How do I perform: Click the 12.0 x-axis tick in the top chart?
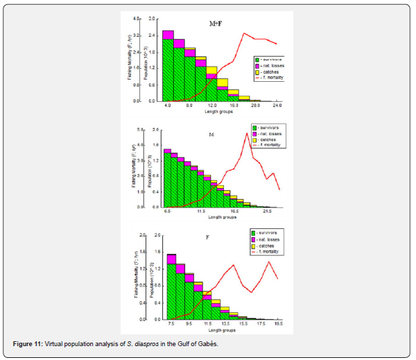click(211, 105)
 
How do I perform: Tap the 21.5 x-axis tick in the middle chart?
click(267, 212)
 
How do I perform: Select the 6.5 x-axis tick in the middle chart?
click(167, 212)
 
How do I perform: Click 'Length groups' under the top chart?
click(221, 111)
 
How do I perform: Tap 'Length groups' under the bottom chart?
click(221, 329)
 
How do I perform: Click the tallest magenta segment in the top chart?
click(168, 35)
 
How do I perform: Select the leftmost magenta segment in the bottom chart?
click(171, 259)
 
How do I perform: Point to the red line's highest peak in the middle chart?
click(247, 134)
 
